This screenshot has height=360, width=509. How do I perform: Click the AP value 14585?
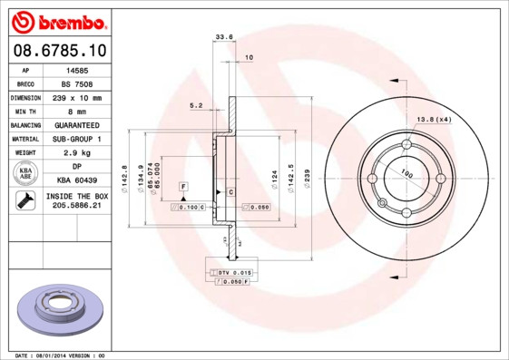coord(77,69)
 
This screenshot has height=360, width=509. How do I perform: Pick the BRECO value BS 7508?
coord(77,83)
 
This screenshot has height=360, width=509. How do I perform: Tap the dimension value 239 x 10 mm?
coord(77,97)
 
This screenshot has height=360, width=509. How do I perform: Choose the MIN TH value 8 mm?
coord(77,111)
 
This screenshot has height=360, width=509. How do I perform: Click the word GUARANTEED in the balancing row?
coord(77,124)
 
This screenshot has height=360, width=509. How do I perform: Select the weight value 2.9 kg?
coord(77,152)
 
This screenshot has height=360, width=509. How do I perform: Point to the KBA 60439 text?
coord(77,180)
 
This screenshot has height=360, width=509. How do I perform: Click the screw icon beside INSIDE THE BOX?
coord(24,201)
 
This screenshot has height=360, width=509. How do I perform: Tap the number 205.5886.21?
coord(77,207)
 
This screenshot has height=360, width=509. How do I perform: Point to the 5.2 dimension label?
coord(196,105)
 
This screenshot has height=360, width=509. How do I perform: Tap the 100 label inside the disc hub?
coord(407,174)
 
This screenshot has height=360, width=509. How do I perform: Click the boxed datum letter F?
coord(183,186)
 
